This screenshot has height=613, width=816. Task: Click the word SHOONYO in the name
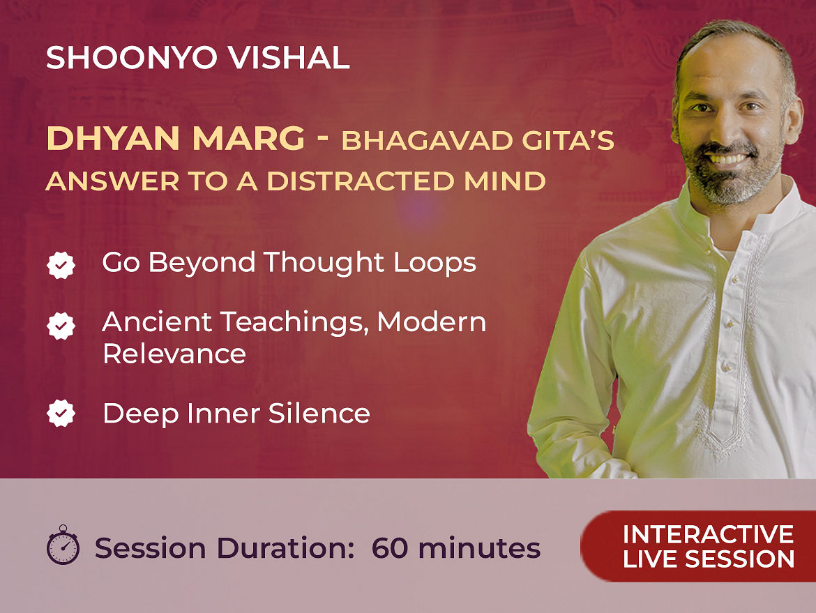point(131,58)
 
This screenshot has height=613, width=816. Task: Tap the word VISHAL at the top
point(289,58)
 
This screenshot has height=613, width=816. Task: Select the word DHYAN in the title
point(113,138)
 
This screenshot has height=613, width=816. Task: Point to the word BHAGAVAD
point(426,141)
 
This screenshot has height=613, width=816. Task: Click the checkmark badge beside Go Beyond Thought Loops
point(61,266)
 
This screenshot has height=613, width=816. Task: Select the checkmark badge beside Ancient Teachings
point(61,326)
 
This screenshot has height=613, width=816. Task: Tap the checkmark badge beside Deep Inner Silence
point(61,413)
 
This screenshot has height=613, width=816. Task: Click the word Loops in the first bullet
point(435,264)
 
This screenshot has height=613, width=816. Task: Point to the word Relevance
point(174,354)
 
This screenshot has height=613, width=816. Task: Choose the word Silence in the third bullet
point(319,414)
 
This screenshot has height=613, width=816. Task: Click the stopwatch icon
point(63,545)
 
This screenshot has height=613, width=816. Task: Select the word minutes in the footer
point(479,548)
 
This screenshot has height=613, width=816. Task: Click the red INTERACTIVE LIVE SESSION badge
point(698,546)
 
